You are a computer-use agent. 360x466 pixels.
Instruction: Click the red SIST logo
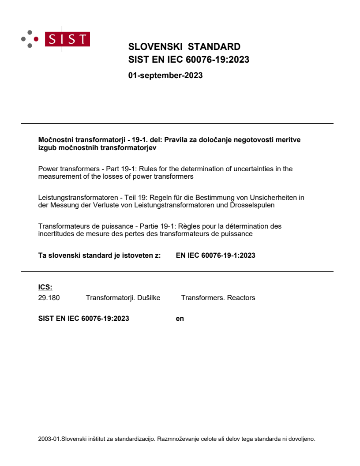pyautogui.click(x=68, y=39)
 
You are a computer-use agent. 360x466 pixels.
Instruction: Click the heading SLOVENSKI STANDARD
pyautogui.click(x=184, y=47)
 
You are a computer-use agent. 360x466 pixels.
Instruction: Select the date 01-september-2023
pyautogui.click(x=165, y=75)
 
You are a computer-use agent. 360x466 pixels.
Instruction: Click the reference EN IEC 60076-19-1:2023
pyautogui.click(x=215, y=255)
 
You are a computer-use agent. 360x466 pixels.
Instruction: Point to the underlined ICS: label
pyautogui.click(x=45, y=287)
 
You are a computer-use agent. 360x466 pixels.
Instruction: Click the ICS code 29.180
pyautogui.click(x=49, y=297)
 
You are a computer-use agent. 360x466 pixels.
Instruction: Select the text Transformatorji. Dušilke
pyautogui.click(x=123, y=297)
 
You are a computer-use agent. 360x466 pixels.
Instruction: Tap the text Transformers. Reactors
pyautogui.click(x=218, y=297)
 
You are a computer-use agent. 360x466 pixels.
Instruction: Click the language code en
pyautogui.click(x=180, y=318)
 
